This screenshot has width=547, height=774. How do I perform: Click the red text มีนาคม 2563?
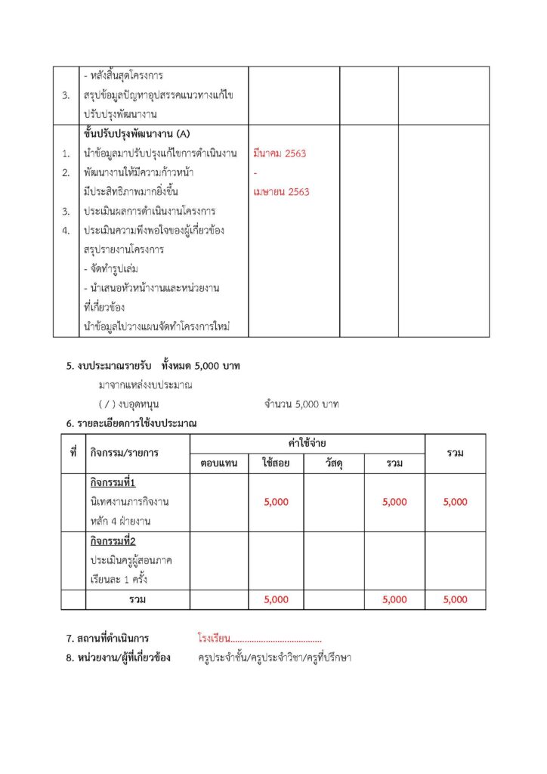(x=280, y=154)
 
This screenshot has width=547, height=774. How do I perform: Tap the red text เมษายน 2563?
(x=282, y=192)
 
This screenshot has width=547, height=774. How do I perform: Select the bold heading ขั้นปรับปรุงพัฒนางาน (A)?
(x=138, y=135)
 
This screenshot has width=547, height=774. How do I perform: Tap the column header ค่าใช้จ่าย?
(x=307, y=443)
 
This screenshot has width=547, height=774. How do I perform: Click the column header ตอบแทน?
(x=219, y=463)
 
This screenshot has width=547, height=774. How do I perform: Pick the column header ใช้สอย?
(x=276, y=463)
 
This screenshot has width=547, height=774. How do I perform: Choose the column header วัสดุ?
(x=333, y=463)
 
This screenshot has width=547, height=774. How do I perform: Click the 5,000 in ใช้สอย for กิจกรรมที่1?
(x=276, y=502)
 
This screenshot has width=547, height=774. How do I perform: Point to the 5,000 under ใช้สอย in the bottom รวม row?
(x=276, y=599)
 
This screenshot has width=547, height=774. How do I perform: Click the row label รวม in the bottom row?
(x=137, y=599)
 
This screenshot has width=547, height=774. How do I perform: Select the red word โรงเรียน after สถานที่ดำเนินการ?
(x=214, y=639)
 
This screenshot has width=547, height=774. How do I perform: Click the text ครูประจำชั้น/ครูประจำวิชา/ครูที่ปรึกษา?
(x=274, y=658)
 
